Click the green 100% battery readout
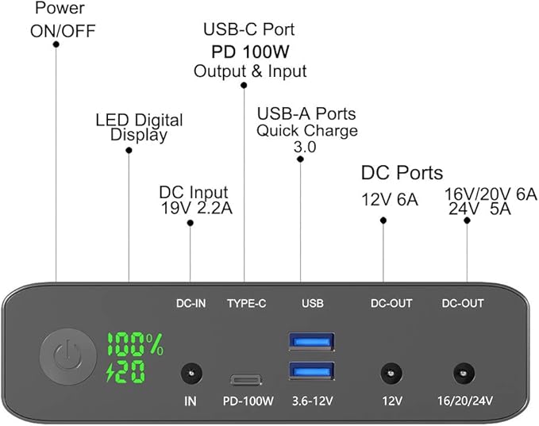tap(135, 344)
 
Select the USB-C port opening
tap(244, 379)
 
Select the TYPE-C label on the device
tap(246, 303)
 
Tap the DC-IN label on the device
tap(191, 303)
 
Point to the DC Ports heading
tap(402, 172)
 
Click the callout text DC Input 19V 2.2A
tap(194, 200)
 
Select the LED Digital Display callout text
tap(139, 128)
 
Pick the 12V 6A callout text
tap(388, 200)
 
